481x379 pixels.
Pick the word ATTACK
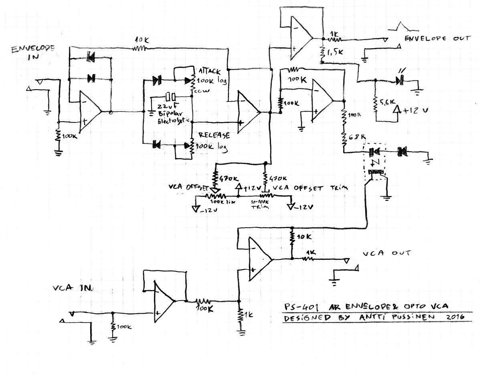tap(209, 70)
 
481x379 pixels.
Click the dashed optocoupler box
tap(373, 162)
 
